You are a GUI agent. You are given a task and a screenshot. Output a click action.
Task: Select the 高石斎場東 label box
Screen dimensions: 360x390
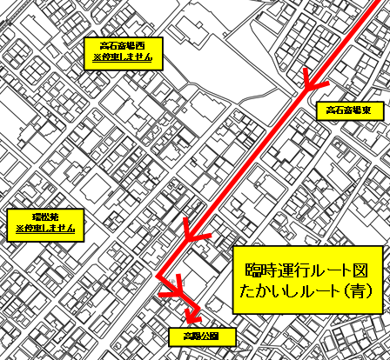(x=347, y=111)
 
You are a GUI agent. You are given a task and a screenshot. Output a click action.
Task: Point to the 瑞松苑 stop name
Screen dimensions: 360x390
(x=45, y=216)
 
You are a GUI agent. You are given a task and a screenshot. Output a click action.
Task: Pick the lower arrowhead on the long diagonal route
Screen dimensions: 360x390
(x=192, y=230)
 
